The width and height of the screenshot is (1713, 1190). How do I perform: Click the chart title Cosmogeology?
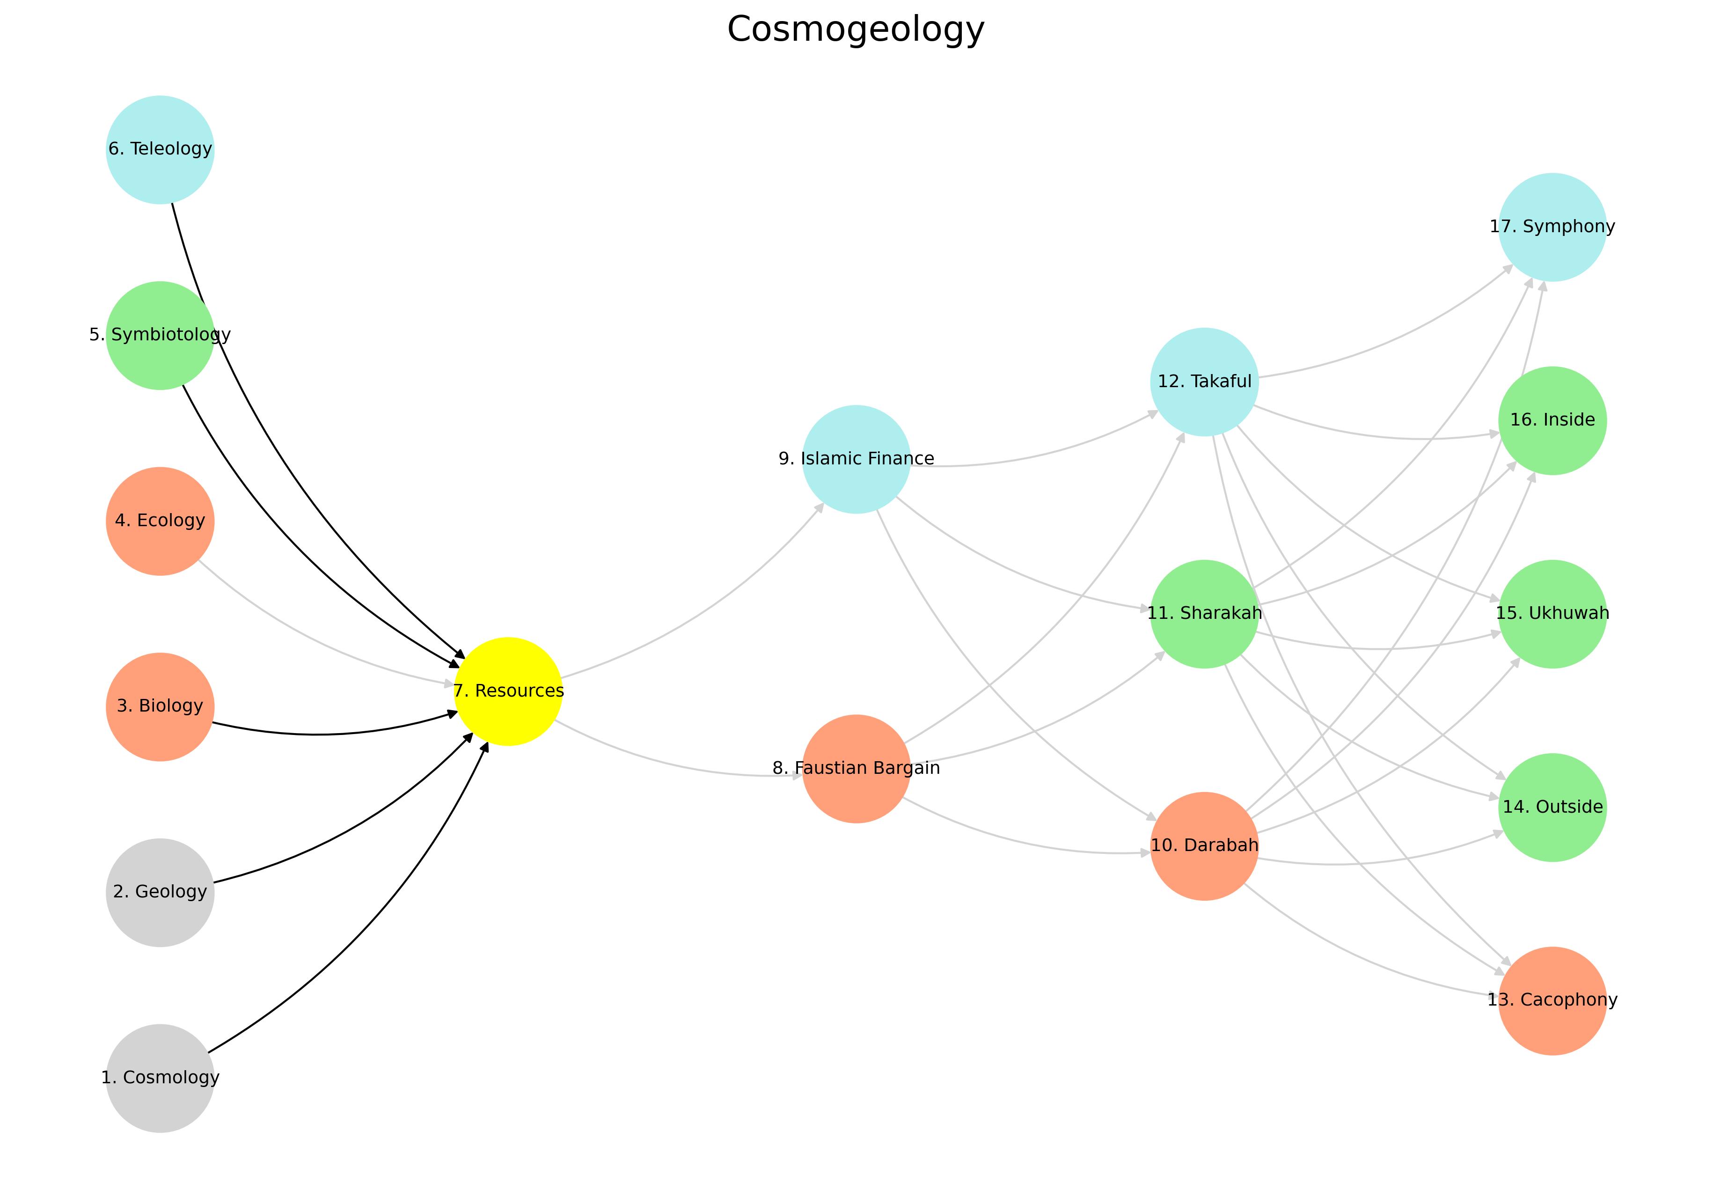[x=856, y=30]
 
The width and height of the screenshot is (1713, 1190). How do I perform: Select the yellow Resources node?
[x=508, y=691]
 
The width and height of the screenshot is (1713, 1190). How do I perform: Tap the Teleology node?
[x=160, y=149]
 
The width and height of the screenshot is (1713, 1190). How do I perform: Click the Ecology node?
[x=160, y=521]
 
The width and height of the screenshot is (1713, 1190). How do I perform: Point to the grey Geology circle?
[x=160, y=892]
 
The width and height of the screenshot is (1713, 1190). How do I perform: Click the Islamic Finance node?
[x=856, y=459]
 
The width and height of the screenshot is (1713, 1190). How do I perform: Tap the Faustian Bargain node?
[x=856, y=769]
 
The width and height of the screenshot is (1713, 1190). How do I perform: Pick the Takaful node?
[x=1204, y=382]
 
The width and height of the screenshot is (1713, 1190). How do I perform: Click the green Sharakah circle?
[x=1204, y=614]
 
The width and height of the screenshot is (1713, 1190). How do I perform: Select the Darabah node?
[x=1204, y=845]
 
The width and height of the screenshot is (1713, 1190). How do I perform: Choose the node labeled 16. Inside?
[x=1552, y=420]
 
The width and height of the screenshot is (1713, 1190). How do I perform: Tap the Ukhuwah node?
[x=1552, y=614]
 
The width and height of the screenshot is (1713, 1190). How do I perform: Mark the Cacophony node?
[x=1552, y=1000]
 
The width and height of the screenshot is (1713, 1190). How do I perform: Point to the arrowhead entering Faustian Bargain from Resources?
[x=798, y=775]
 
